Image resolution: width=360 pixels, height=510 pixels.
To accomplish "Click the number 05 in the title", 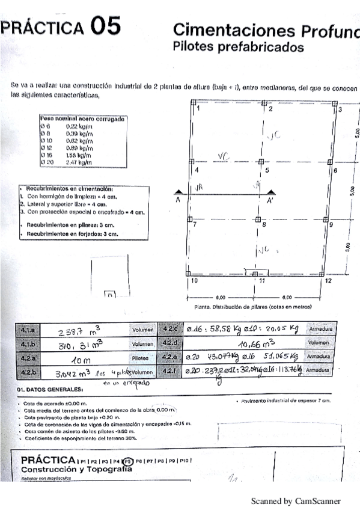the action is (106, 26).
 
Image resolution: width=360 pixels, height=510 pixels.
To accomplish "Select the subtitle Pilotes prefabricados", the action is (237, 46).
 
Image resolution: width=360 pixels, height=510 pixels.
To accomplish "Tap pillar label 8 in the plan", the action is (264, 224).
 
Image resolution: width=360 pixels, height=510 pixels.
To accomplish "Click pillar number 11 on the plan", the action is (262, 280).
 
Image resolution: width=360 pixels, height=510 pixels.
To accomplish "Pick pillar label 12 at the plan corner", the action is (328, 280).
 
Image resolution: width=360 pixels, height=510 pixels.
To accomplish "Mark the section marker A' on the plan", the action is (270, 200).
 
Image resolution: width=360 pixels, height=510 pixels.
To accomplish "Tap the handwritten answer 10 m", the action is (80, 359).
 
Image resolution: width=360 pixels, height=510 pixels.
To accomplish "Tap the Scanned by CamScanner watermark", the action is (296, 501).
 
